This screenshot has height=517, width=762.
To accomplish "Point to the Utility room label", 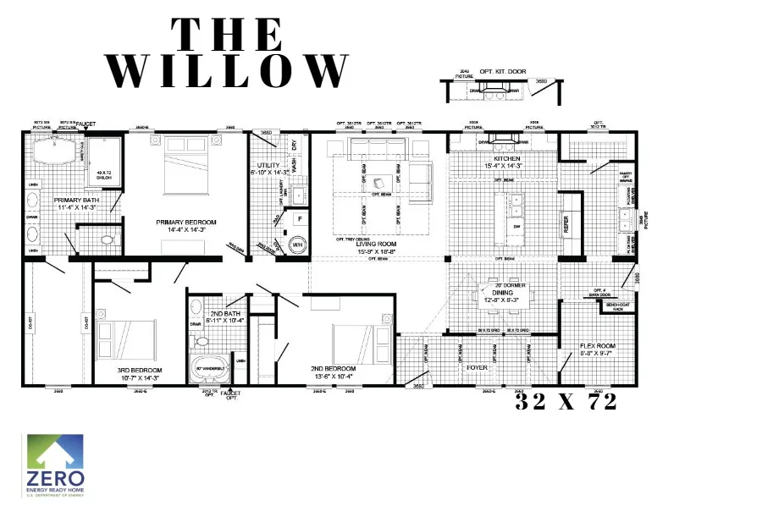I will click(270, 168).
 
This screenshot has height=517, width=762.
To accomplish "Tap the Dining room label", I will click(499, 296).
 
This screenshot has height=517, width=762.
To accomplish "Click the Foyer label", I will click(477, 368).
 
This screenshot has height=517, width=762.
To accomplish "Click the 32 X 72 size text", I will click(566, 404).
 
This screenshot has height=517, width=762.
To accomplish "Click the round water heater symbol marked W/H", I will click(297, 245).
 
